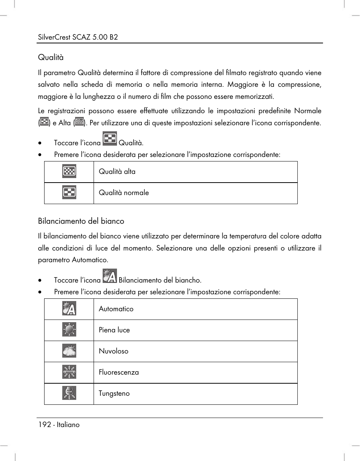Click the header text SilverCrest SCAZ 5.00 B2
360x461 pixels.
pos(78,37)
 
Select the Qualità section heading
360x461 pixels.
pos(51,57)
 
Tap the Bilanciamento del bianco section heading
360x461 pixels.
pos(81,221)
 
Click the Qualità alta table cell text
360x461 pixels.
pos(117,172)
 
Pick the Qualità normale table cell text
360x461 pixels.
pos(124,193)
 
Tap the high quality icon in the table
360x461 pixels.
pos(69,172)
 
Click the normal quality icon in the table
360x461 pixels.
pos(69,193)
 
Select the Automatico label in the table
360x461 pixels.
pos(116,309)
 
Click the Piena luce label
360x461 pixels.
pos(114,330)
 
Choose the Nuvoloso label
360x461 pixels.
pos(113,351)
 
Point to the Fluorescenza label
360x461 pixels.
pos(118,372)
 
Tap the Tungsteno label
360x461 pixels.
pos(114,393)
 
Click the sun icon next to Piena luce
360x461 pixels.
pos(69,330)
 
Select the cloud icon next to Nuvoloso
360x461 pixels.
pos(69,351)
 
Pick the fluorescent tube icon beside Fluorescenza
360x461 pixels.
pos(69,372)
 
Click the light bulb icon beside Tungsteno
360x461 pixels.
pos(69,393)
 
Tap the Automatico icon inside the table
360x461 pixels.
pos(69,309)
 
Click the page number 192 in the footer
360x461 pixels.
pos(44,424)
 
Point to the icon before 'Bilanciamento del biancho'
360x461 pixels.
pos(109,276)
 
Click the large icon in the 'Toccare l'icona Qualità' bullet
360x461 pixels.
pos(109,138)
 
